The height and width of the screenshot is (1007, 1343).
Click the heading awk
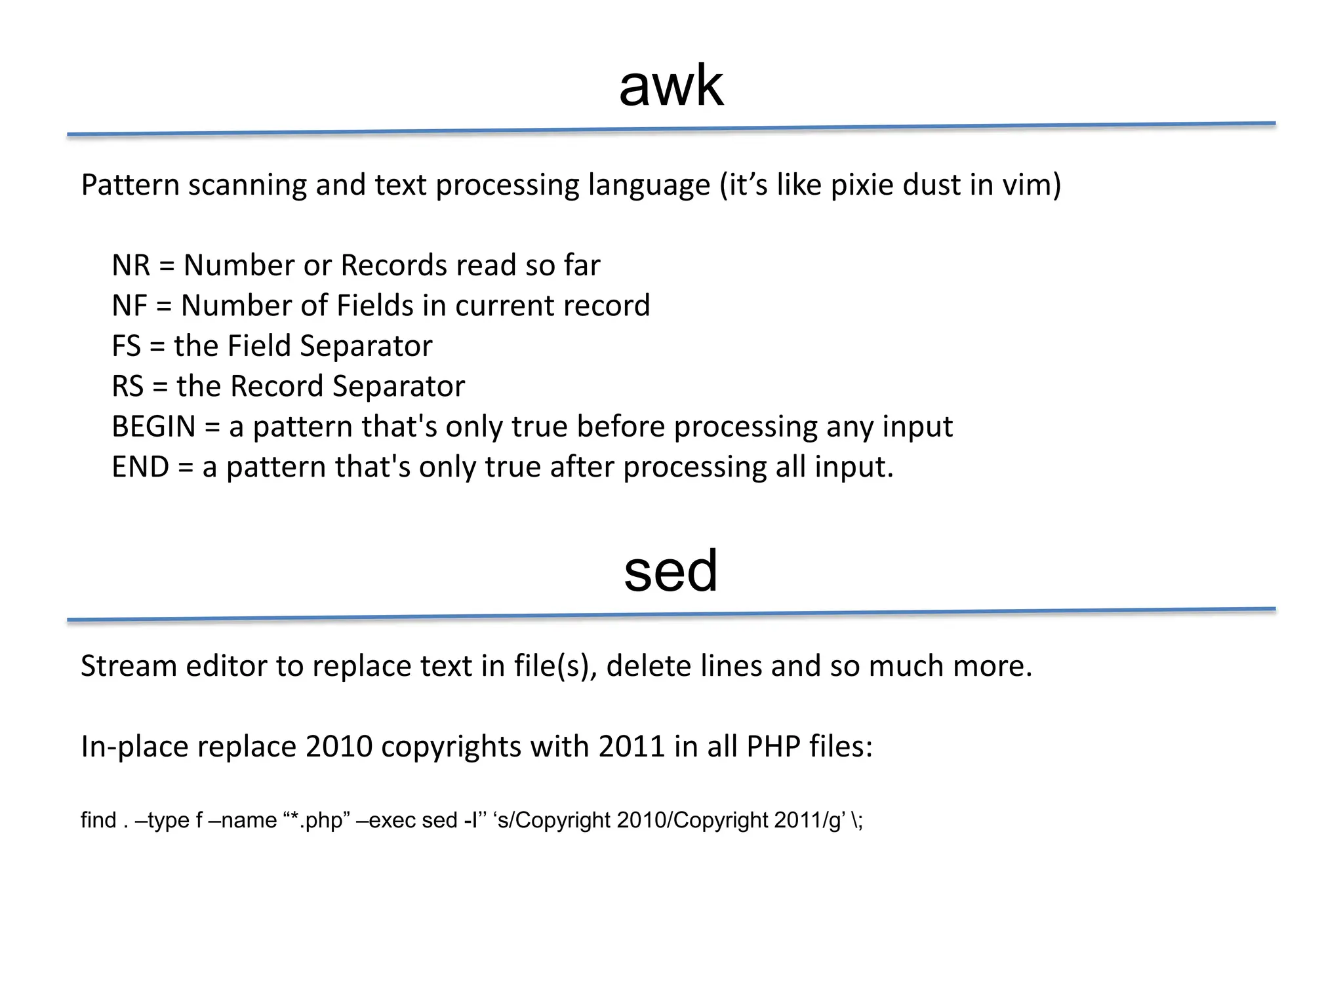671,87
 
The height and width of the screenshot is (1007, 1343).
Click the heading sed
671,571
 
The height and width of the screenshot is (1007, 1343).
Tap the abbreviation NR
130,266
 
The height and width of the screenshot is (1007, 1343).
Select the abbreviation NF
129,306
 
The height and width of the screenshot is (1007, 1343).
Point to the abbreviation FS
126,346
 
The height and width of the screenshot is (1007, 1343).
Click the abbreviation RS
127,386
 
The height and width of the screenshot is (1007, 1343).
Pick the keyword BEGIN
153,427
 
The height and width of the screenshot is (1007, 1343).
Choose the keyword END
140,467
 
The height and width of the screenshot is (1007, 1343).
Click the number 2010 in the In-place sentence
339,747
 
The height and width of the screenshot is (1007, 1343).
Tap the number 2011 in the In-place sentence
631,747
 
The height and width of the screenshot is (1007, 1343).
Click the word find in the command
98,820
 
